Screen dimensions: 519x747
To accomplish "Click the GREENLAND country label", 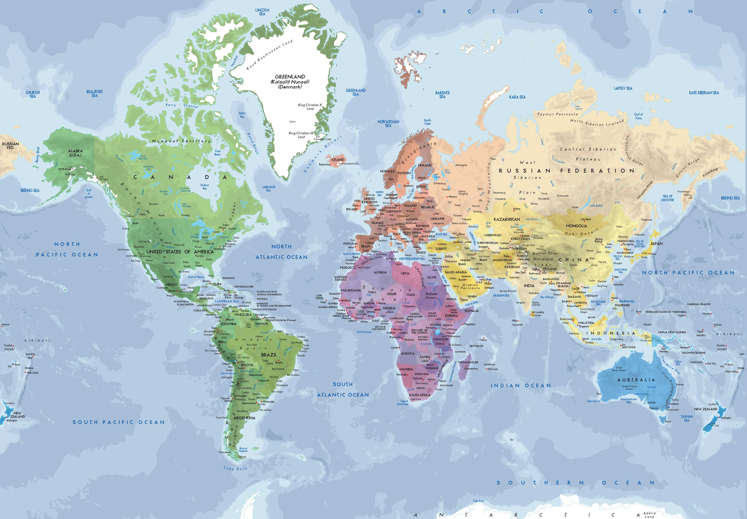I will [290, 77].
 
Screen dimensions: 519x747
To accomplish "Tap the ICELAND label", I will [337, 160].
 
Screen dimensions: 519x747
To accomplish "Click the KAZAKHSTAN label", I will [506, 219].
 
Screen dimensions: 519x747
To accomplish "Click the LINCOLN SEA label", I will [262, 12].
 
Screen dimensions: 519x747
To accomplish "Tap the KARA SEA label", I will [517, 97].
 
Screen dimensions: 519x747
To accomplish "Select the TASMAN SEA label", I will [687, 418].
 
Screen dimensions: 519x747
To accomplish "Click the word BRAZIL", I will [269, 355].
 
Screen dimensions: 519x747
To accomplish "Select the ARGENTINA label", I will [244, 418].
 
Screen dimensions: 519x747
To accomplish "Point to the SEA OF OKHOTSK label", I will [667, 198].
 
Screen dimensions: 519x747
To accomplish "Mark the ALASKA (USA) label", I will [75, 153].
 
